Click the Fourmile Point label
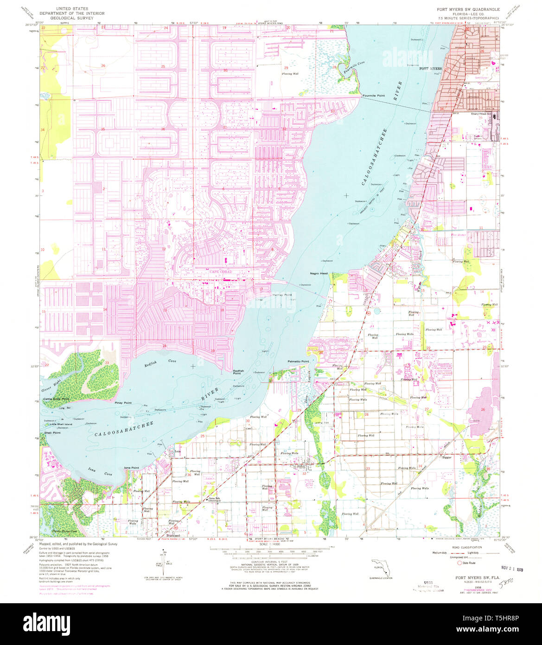[374, 96]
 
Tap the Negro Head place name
[319, 273]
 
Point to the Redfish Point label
[238, 372]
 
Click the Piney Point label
[123, 403]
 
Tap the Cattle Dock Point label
[56, 399]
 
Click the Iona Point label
[132, 468]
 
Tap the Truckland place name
[173, 535]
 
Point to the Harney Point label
[282, 295]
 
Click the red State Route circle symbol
[459, 563]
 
